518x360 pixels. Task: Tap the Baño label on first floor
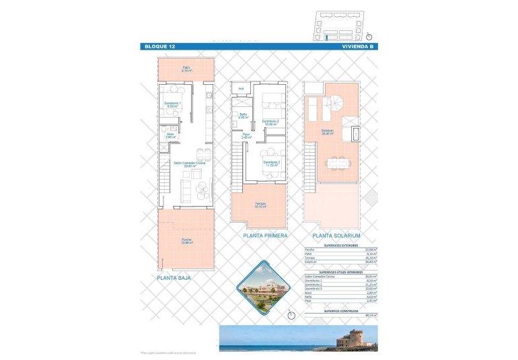[x=243, y=115]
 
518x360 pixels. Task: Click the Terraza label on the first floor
[x=260, y=205]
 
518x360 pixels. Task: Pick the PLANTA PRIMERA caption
[x=265, y=236]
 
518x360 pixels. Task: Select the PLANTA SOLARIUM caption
[x=336, y=236]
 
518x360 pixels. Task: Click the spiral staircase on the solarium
[x=335, y=104]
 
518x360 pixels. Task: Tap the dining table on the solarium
[x=336, y=162]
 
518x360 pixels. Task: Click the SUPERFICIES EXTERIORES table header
[x=340, y=247]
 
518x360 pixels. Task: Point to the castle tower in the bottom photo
[x=354, y=336]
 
